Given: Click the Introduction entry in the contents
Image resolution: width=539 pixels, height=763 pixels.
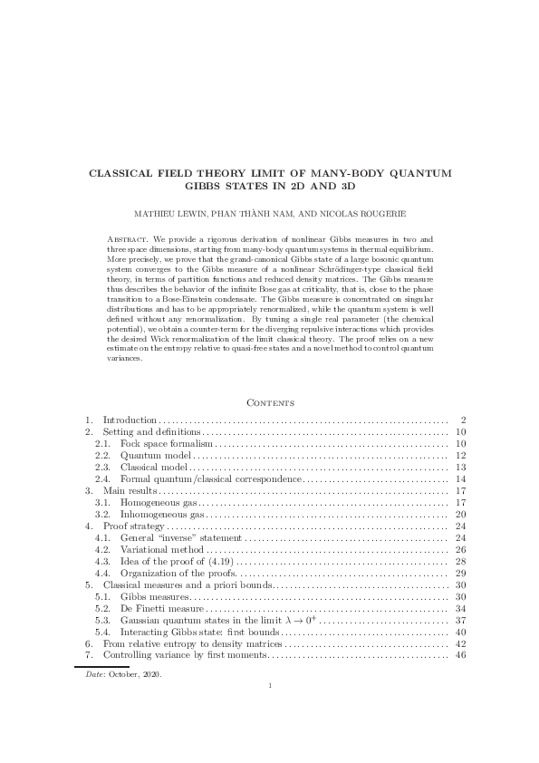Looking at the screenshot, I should (130, 420).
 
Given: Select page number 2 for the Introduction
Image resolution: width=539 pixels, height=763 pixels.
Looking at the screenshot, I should (462, 420).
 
